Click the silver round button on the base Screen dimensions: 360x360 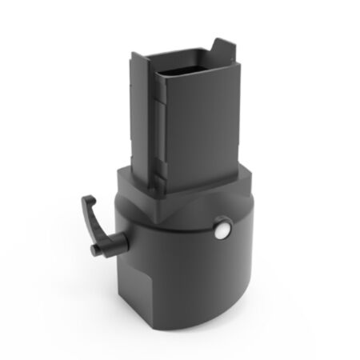(221, 231)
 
